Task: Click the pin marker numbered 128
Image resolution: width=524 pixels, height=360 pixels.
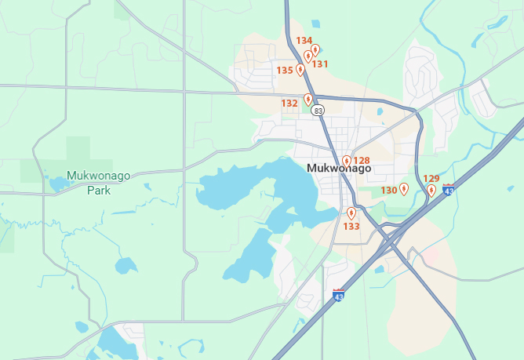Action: tap(347, 161)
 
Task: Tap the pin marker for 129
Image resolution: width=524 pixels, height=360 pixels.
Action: tap(431, 190)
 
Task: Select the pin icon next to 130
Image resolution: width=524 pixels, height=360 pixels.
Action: tap(404, 188)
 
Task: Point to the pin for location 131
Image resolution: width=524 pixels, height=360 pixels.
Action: tap(308, 56)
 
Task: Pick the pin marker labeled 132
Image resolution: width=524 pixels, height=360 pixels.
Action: tap(308, 100)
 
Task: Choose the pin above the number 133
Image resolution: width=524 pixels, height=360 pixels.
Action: tap(351, 213)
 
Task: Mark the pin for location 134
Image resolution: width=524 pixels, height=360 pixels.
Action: tap(315, 50)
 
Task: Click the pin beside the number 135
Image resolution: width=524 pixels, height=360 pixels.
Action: tap(300, 70)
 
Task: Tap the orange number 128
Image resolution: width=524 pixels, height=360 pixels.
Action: tap(362, 161)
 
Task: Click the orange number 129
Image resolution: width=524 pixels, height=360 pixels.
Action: tap(431, 179)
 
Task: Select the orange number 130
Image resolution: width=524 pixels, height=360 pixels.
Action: tap(389, 191)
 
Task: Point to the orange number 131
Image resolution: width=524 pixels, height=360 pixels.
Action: tap(320, 64)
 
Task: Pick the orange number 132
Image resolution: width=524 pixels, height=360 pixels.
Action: tap(289, 103)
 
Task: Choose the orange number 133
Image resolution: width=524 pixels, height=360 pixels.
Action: tap(351, 227)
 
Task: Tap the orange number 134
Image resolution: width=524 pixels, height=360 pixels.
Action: tap(304, 41)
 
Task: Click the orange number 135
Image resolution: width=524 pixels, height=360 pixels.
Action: tap(285, 71)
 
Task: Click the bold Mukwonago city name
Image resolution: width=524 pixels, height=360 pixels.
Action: tap(339, 169)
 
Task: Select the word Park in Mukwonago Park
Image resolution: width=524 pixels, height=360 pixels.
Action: tap(99, 190)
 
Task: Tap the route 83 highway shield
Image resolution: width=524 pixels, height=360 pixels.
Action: tap(318, 111)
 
